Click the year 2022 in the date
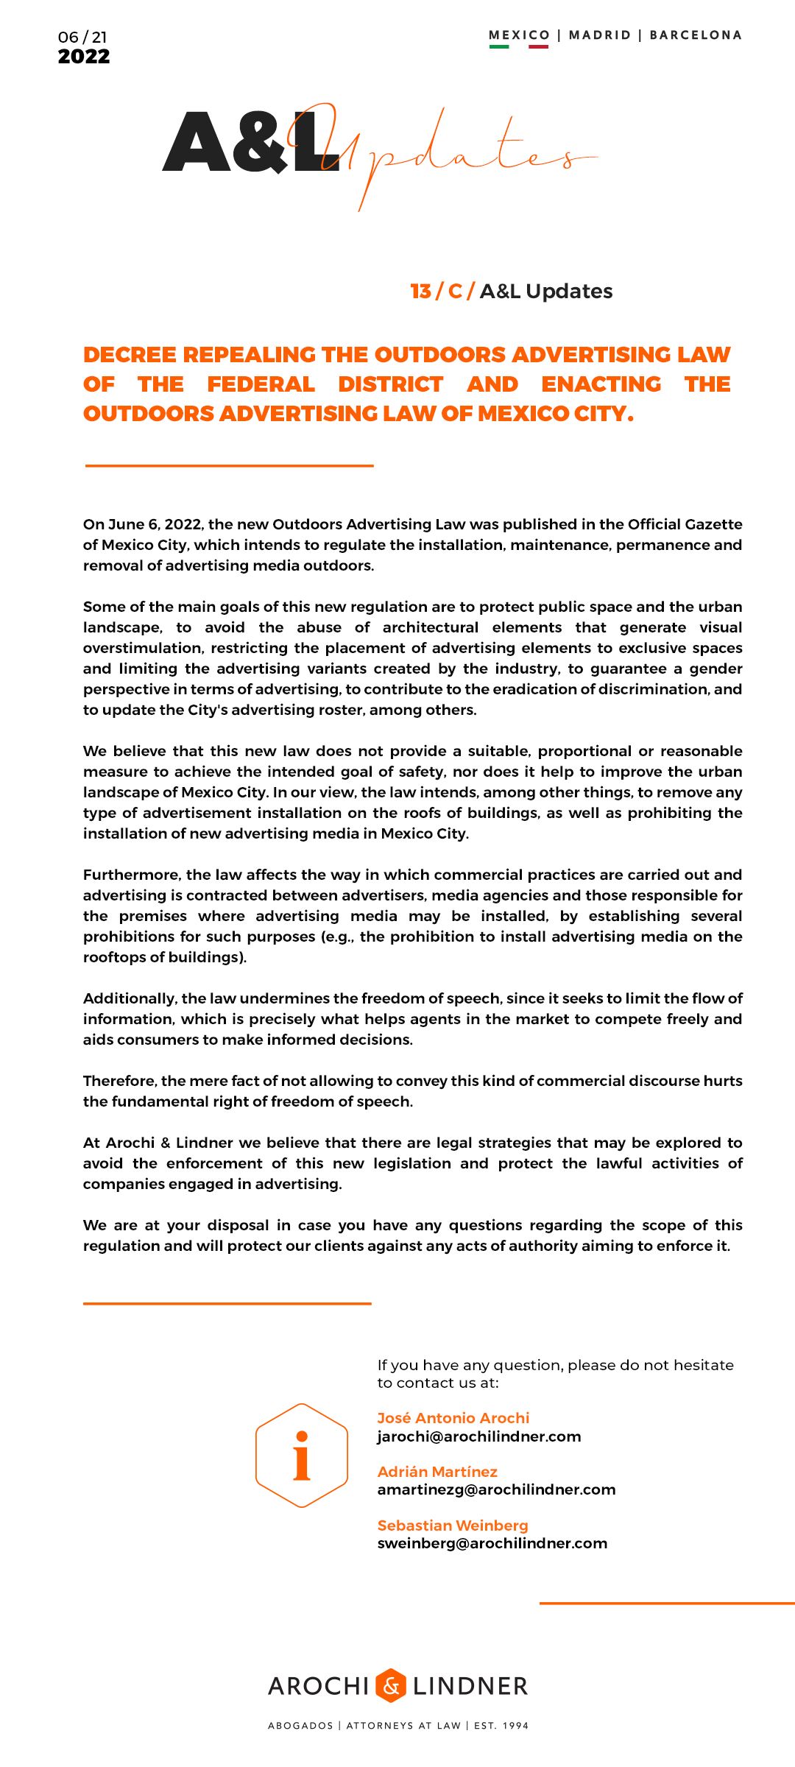point(84,57)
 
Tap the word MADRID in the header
point(600,35)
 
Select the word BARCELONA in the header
point(696,35)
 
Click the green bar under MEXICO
point(499,46)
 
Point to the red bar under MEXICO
point(538,46)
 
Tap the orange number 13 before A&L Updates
point(421,292)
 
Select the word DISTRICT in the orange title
point(390,384)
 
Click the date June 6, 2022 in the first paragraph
point(155,524)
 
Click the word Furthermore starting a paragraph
point(132,875)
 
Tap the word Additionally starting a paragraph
point(130,998)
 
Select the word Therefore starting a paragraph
point(119,1081)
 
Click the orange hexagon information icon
point(302,1456)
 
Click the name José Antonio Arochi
point(453,1418)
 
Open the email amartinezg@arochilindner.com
point(496,1489)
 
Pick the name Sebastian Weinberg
point(453,1526)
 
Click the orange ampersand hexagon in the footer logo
point(391,1685)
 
